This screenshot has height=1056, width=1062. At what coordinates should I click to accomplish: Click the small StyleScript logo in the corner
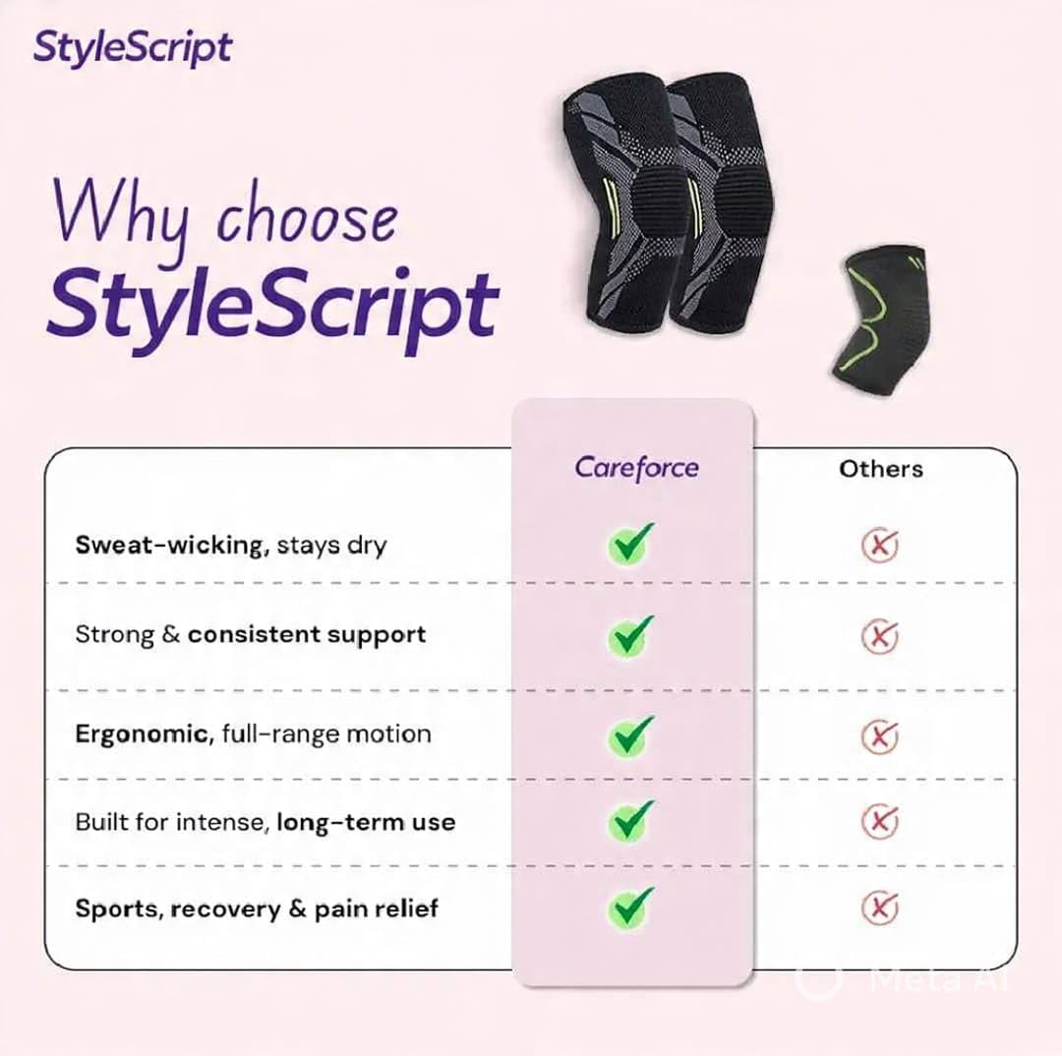click(133, 48)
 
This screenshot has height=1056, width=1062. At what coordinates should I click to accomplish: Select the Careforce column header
click(636, 468)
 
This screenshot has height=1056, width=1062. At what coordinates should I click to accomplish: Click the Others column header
click(880, 469)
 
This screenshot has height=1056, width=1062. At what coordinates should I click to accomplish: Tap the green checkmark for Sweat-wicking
click(630, 544)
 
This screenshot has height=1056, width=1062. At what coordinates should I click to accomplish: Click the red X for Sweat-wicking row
click(880, 546)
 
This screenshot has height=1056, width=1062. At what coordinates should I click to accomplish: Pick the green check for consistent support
click(630, 636)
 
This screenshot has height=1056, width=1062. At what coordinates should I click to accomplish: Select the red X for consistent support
click(880, 637)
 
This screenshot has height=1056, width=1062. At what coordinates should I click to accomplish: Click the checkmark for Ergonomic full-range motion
click(630, 735)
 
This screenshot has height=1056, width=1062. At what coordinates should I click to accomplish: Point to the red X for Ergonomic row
click(880, 736)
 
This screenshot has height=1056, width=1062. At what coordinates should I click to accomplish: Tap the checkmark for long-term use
click(630, 821)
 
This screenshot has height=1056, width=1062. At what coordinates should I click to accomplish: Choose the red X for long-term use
click(880, 822)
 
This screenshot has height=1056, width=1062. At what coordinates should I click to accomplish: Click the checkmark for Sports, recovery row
click(630, 907)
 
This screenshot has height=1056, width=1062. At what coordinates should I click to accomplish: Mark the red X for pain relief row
click(880, 908)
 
